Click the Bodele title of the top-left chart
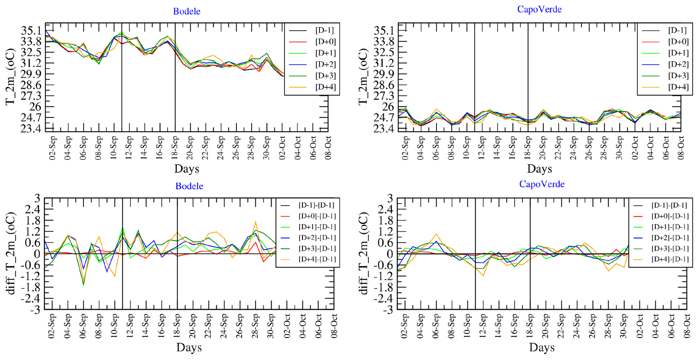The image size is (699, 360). click(187, 11)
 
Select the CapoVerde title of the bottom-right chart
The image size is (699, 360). click(542, 184)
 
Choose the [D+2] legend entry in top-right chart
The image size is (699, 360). click(678, 64)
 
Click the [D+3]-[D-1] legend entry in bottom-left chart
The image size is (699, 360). click(316, 248)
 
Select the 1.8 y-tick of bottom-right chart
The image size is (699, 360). click(386, 220)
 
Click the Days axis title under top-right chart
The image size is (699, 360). click(539, 168)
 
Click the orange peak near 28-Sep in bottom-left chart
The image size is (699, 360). click(256, 222)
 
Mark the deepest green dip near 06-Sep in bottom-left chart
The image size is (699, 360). click(83, 285)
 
